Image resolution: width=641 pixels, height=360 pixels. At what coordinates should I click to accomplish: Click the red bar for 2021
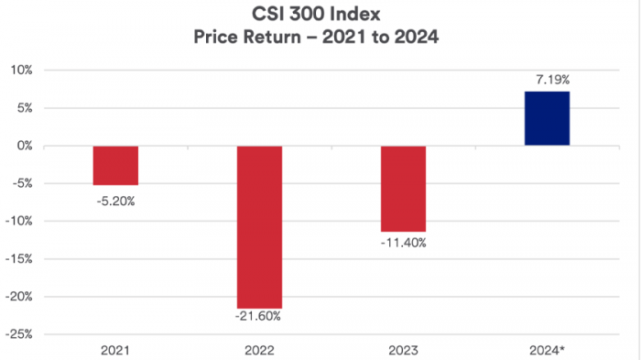115,166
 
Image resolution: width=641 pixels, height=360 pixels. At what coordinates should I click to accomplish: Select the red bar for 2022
259,226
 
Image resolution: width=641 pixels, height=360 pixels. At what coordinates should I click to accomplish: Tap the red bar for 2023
403,189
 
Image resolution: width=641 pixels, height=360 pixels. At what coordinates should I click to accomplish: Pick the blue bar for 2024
547,118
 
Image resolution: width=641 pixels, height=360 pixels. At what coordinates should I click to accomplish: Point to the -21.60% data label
259,317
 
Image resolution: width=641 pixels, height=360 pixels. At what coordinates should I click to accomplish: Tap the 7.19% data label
547,81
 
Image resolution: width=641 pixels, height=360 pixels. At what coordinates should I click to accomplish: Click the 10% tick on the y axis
20,70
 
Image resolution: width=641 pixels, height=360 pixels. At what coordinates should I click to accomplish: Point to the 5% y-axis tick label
23,107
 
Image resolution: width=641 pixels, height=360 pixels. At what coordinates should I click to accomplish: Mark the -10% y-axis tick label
19,221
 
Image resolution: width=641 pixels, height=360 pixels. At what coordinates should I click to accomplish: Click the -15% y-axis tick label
19,258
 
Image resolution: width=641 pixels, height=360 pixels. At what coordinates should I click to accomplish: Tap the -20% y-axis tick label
19,297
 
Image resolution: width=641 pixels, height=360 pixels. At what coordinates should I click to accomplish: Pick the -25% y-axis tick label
19,334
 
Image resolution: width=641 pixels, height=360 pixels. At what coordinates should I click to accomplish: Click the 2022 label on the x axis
259,349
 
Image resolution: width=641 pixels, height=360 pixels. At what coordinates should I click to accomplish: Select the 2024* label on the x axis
548,349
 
